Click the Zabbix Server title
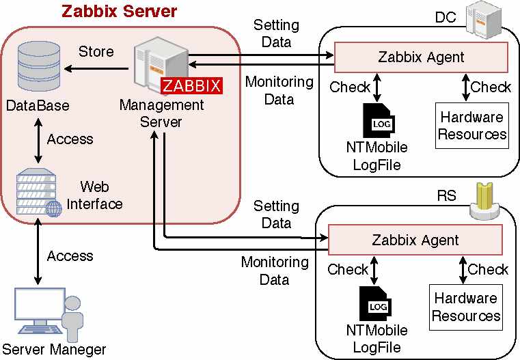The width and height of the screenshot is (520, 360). point(119,12)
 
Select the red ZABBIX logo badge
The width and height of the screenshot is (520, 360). point(191,86)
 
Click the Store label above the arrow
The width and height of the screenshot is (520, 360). point(96,52)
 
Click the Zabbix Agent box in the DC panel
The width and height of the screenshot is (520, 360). point(420,57)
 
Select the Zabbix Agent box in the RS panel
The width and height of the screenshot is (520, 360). point(415,240)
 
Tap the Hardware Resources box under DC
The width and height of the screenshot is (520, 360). point(472,125)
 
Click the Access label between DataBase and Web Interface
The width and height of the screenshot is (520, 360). point(70,139)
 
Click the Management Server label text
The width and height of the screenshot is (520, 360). point(162,113)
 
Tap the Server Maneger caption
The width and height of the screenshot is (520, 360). point(54,350)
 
